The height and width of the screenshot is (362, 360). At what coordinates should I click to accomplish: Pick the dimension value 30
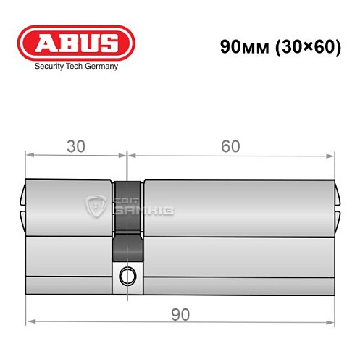click(x=76, y=146)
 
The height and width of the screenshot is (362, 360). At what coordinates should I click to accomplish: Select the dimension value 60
click(x=230, y=146)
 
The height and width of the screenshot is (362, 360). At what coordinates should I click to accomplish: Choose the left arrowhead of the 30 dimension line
click(x=29, y=155)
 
